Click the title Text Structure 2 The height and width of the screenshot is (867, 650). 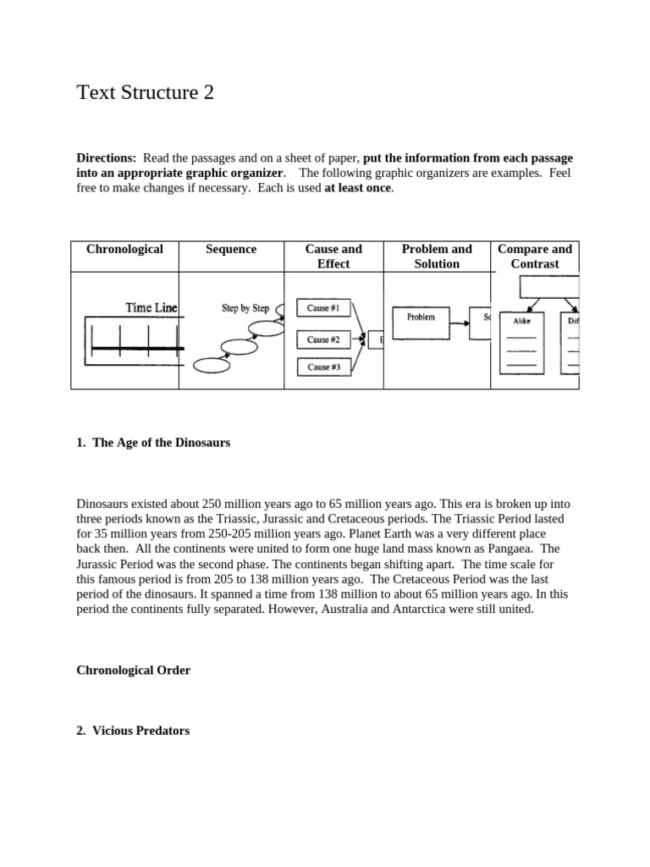pos(145,92)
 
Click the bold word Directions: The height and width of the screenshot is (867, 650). pos(106,158)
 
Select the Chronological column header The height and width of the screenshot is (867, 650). pos(124,249)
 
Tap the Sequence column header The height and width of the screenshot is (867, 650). pos(231,249)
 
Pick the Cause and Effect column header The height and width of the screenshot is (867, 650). pos(333,256)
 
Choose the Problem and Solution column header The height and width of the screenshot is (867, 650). pos(437,256)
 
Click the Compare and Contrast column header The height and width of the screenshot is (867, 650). pos(535,256)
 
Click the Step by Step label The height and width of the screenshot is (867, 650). pos(245,308)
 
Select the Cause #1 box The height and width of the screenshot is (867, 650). pos(324,309)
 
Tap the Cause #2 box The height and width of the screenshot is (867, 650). pos(324,340)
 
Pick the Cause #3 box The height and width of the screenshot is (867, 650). pos(324,367)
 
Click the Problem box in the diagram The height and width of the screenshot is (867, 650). pos(421,318)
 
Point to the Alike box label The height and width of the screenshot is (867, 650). pos(521,322)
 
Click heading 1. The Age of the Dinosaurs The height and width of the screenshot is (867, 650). pos(153,443)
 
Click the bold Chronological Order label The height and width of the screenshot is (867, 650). pos(134,671)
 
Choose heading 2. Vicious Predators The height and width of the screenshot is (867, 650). pos(133,731)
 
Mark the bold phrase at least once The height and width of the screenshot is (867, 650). pos(358,188)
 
